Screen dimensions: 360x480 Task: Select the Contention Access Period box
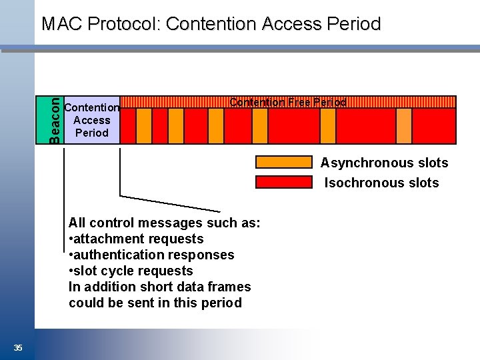pyautogui.click(x=92, y=120)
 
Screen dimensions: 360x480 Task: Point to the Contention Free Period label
pyautogui.click(x=288, y=102)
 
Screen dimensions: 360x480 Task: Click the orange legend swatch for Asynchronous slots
pyautogui.click(x=284, y=162)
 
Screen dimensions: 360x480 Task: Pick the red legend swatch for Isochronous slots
pyautogui.click(x=284, y=182)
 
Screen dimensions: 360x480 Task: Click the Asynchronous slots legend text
pyautogui.click(x=384, y=163)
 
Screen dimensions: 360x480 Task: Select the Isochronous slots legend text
pyautogui.click(x=381, y=183)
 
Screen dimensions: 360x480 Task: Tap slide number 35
pyautogui.click(x=18, y=347)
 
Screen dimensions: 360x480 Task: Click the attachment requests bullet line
pyautogui.click(x=136, y=239)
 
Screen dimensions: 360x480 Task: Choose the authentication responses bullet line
pyautogui.click(x=151, y=255)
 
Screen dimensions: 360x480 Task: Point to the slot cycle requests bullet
pyautogui.click(x=131, y=271)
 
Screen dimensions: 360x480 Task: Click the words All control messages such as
pyautogui.click(x=164, y=223)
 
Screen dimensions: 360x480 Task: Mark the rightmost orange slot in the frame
pyautogui.click(x=404, y=126)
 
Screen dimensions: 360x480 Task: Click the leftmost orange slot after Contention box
pyautogui.click(x=144, y=126)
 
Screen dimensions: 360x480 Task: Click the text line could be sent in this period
pyautogui.click(x=155, y=303)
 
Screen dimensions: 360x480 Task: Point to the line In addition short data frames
pyautogui.click(x=159, y=287)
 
